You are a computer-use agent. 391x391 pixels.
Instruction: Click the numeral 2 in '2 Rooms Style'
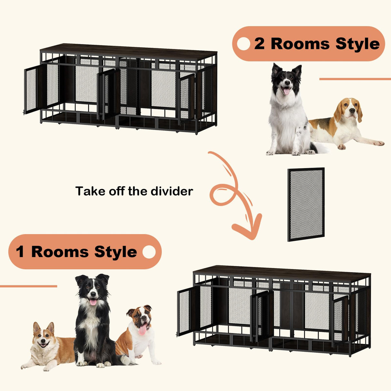[x=259, y=44]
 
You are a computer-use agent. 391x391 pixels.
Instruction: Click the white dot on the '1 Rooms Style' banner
[x=149, y=252]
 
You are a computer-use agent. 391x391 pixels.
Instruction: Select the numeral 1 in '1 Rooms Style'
[x=20, y=252]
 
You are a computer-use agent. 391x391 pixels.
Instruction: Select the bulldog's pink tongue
[x=142, y=330]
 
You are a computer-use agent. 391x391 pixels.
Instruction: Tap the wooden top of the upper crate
[x=129, y=50]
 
